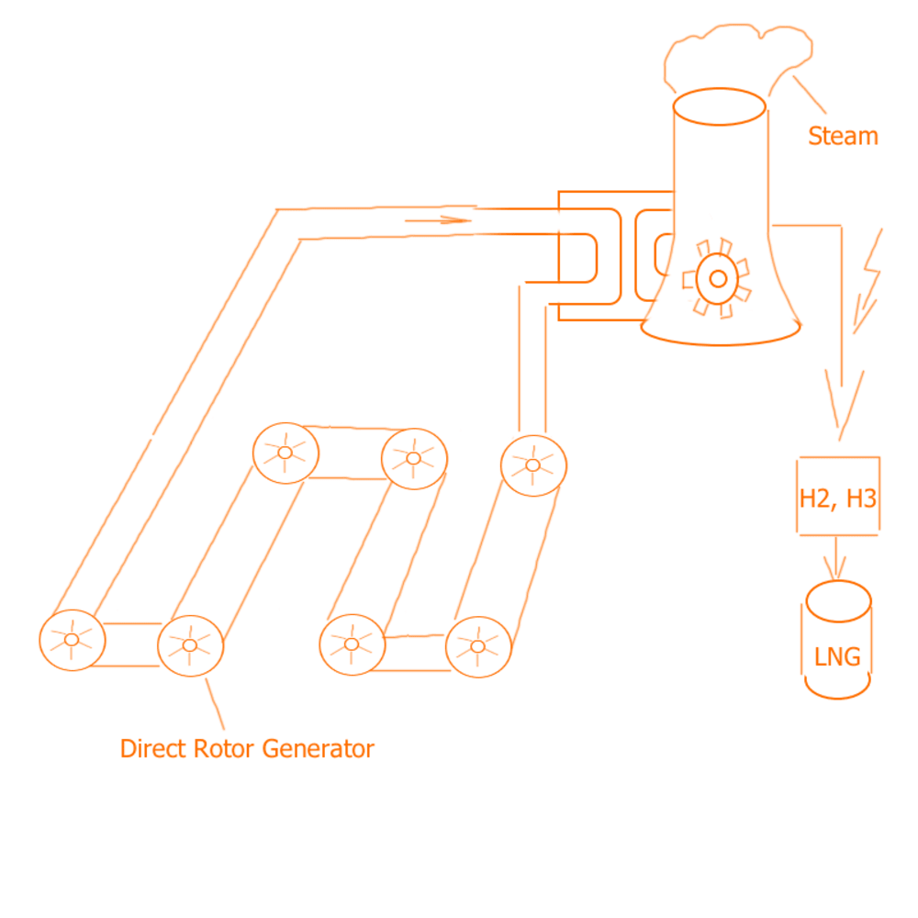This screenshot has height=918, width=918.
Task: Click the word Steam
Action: click(x=842, y=137)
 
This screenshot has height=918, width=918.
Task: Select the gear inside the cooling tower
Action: click(x=717, y=277)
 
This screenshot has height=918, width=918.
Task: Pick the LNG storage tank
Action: click(x=838, y=641)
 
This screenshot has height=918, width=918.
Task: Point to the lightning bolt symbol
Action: click(x=868, y=279)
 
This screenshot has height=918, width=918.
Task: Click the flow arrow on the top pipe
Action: click(x=438, y=220)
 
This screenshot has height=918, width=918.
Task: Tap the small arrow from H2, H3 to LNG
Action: click(x=834, y=559)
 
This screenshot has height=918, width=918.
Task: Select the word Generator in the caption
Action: click(x=318, y=749)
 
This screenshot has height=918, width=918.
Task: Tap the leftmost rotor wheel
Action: click(x=72, y=639)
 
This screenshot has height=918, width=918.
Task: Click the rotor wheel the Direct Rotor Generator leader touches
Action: click(x=190, y=645)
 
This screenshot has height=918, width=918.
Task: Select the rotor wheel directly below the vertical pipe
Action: click(x=533, y=464)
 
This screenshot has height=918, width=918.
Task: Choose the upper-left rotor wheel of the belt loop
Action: click(x=286, y=452)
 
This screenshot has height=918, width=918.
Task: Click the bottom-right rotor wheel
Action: click(x=477, y=645)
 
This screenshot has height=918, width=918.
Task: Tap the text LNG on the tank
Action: click(x=837, y=657)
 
